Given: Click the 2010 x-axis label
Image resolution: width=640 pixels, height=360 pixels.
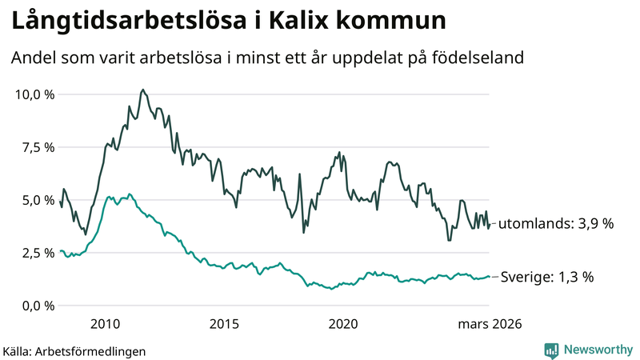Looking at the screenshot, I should [106, 324].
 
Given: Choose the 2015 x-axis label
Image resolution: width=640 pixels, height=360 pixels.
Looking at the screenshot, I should [225, 324].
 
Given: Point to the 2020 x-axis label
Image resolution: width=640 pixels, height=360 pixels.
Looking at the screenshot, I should [344, 324].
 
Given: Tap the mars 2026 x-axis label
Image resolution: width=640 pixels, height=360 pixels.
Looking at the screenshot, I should [490, 324].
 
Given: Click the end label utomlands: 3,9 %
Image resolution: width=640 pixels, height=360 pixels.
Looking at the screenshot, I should [556, 224].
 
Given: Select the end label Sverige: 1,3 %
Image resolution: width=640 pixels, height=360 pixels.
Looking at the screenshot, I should [547, 278].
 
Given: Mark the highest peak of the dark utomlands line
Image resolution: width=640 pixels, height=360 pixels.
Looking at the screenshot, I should [142, 90].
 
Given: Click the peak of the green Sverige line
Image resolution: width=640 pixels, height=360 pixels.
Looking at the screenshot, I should [130, 194].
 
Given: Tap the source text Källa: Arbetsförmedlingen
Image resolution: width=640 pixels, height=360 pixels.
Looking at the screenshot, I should [74, 350].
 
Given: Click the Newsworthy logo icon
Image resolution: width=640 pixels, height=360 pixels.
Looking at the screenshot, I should [551, 350].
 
